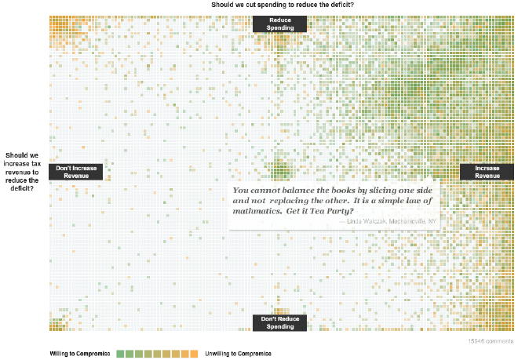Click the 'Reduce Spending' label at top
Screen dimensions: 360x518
[279, 24]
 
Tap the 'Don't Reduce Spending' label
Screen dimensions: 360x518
[279, 322]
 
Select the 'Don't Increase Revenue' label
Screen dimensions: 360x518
[76, 172]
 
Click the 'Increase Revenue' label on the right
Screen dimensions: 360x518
[487, 172]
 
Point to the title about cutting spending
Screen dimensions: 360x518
[282, 5]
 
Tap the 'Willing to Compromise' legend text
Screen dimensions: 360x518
[80, 354]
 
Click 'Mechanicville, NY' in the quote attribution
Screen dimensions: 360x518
[414, 221]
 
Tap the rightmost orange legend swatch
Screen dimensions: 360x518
[194, 354]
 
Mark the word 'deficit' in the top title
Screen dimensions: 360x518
[337, 5]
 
